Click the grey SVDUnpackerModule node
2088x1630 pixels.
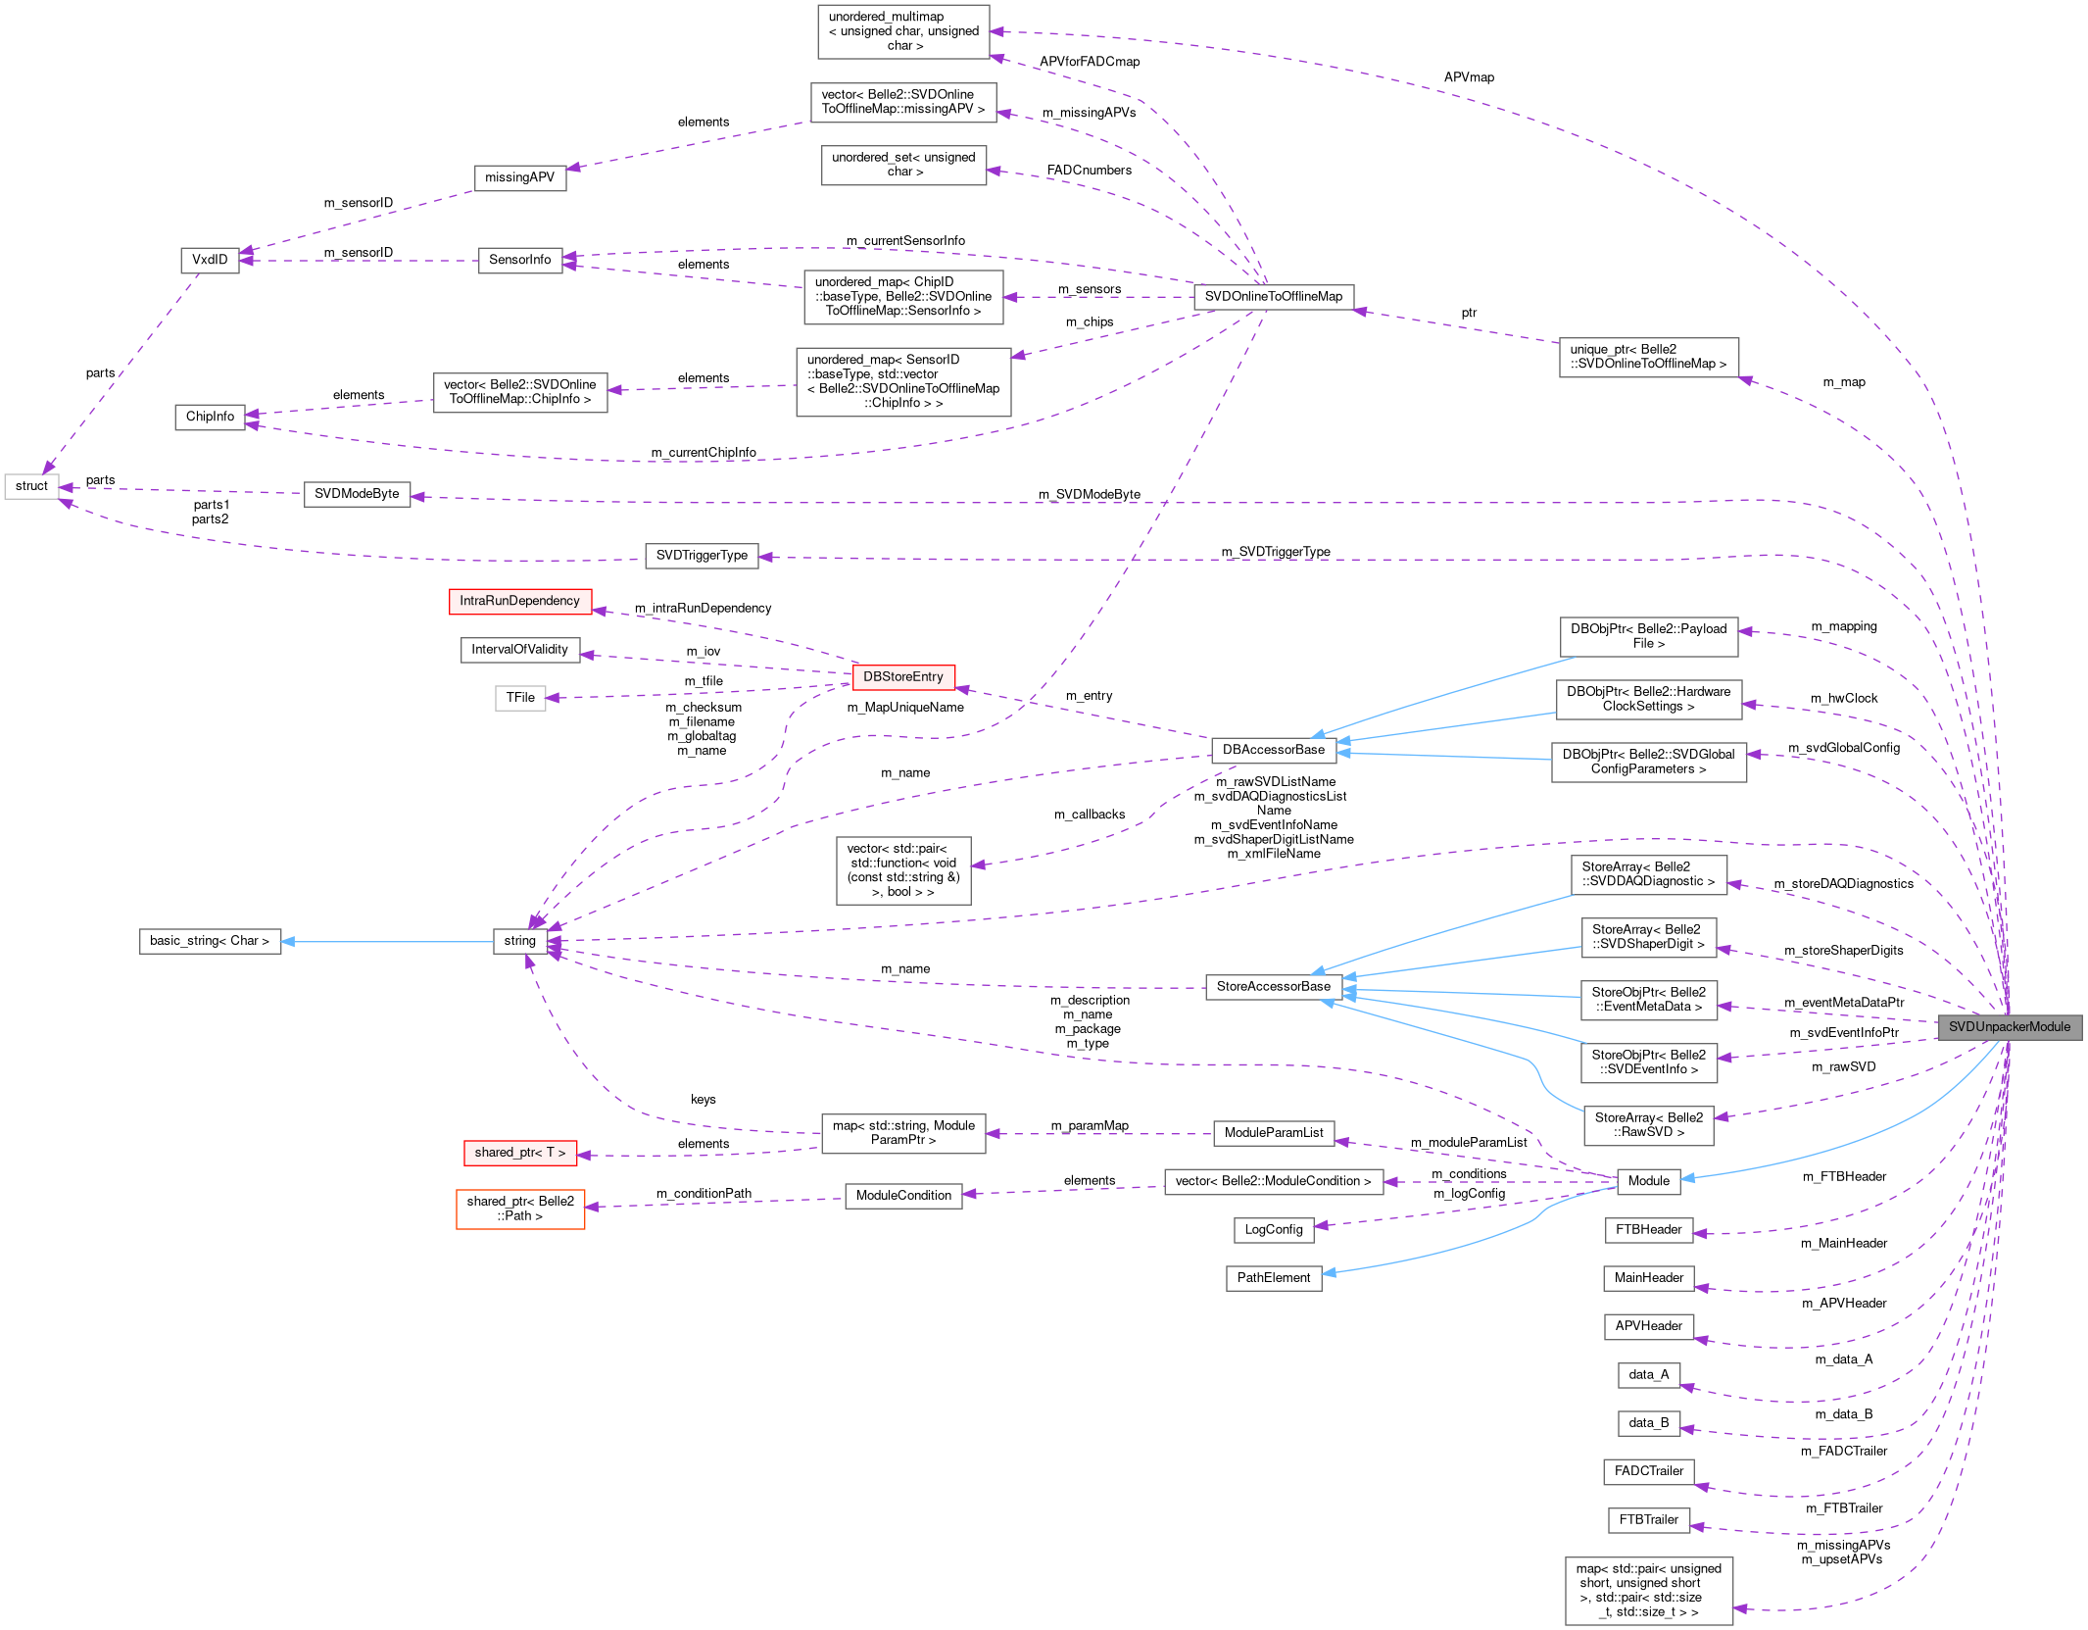(x=2009, y=1026)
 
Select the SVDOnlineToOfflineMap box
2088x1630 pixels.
(x=1273, y=296)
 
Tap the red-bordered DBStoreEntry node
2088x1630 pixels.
(x=902, y=676)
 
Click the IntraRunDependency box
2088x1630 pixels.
(x=519, y=601)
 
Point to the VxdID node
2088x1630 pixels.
(x=210, y=260)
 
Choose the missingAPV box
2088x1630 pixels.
(x=519, y=177)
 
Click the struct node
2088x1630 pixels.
(x=31, y=486)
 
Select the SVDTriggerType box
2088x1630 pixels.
(x=701, y=556)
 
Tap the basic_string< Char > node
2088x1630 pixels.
(x=209, y=941)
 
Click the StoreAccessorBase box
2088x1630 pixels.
(x=1273, y=986)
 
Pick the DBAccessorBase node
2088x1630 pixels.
(x=1273, y=750)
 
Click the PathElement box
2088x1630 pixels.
(x=1273, y=1277)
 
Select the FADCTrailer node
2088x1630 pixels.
(x=1648, y=1471)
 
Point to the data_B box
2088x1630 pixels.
(x=1648, y=1423)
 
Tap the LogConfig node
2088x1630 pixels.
(x=1273, y=1229)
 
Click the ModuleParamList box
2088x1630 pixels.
(x=1273, y=1133)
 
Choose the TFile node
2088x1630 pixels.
(x=520, y=698)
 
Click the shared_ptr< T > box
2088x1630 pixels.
(x=519, y=1153)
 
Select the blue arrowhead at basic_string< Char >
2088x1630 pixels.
(x=288, y=942)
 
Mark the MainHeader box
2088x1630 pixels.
(x=1648, y=1278)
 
